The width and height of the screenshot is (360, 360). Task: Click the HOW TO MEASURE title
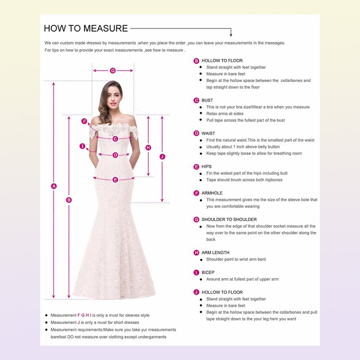(86, 28)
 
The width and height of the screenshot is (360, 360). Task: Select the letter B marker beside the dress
(69, 200)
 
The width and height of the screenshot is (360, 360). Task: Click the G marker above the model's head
(113, 70)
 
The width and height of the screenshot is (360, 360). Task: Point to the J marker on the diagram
(162, 156)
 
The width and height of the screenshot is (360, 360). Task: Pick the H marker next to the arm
(148, 148)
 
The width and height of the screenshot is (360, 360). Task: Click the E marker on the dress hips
(115, 180)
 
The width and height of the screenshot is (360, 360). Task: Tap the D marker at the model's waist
(115, 155)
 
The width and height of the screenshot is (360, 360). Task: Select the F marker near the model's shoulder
(84, 121)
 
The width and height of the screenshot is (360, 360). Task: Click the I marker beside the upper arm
(82, 146)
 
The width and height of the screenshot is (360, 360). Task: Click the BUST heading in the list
(207, 100)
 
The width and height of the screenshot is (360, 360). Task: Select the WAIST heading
(208, 133)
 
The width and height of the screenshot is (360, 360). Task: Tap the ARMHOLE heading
(212, 193)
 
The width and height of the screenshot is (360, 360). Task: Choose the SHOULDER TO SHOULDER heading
(229, 219)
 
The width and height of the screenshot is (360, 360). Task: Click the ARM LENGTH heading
(215, 252)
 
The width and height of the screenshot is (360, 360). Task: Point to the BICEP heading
(208, 272)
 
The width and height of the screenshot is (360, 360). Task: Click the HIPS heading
(207, 166)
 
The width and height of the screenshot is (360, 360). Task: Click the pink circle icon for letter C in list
(196, 100)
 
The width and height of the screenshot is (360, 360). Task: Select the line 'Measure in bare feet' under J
(226, 306)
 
